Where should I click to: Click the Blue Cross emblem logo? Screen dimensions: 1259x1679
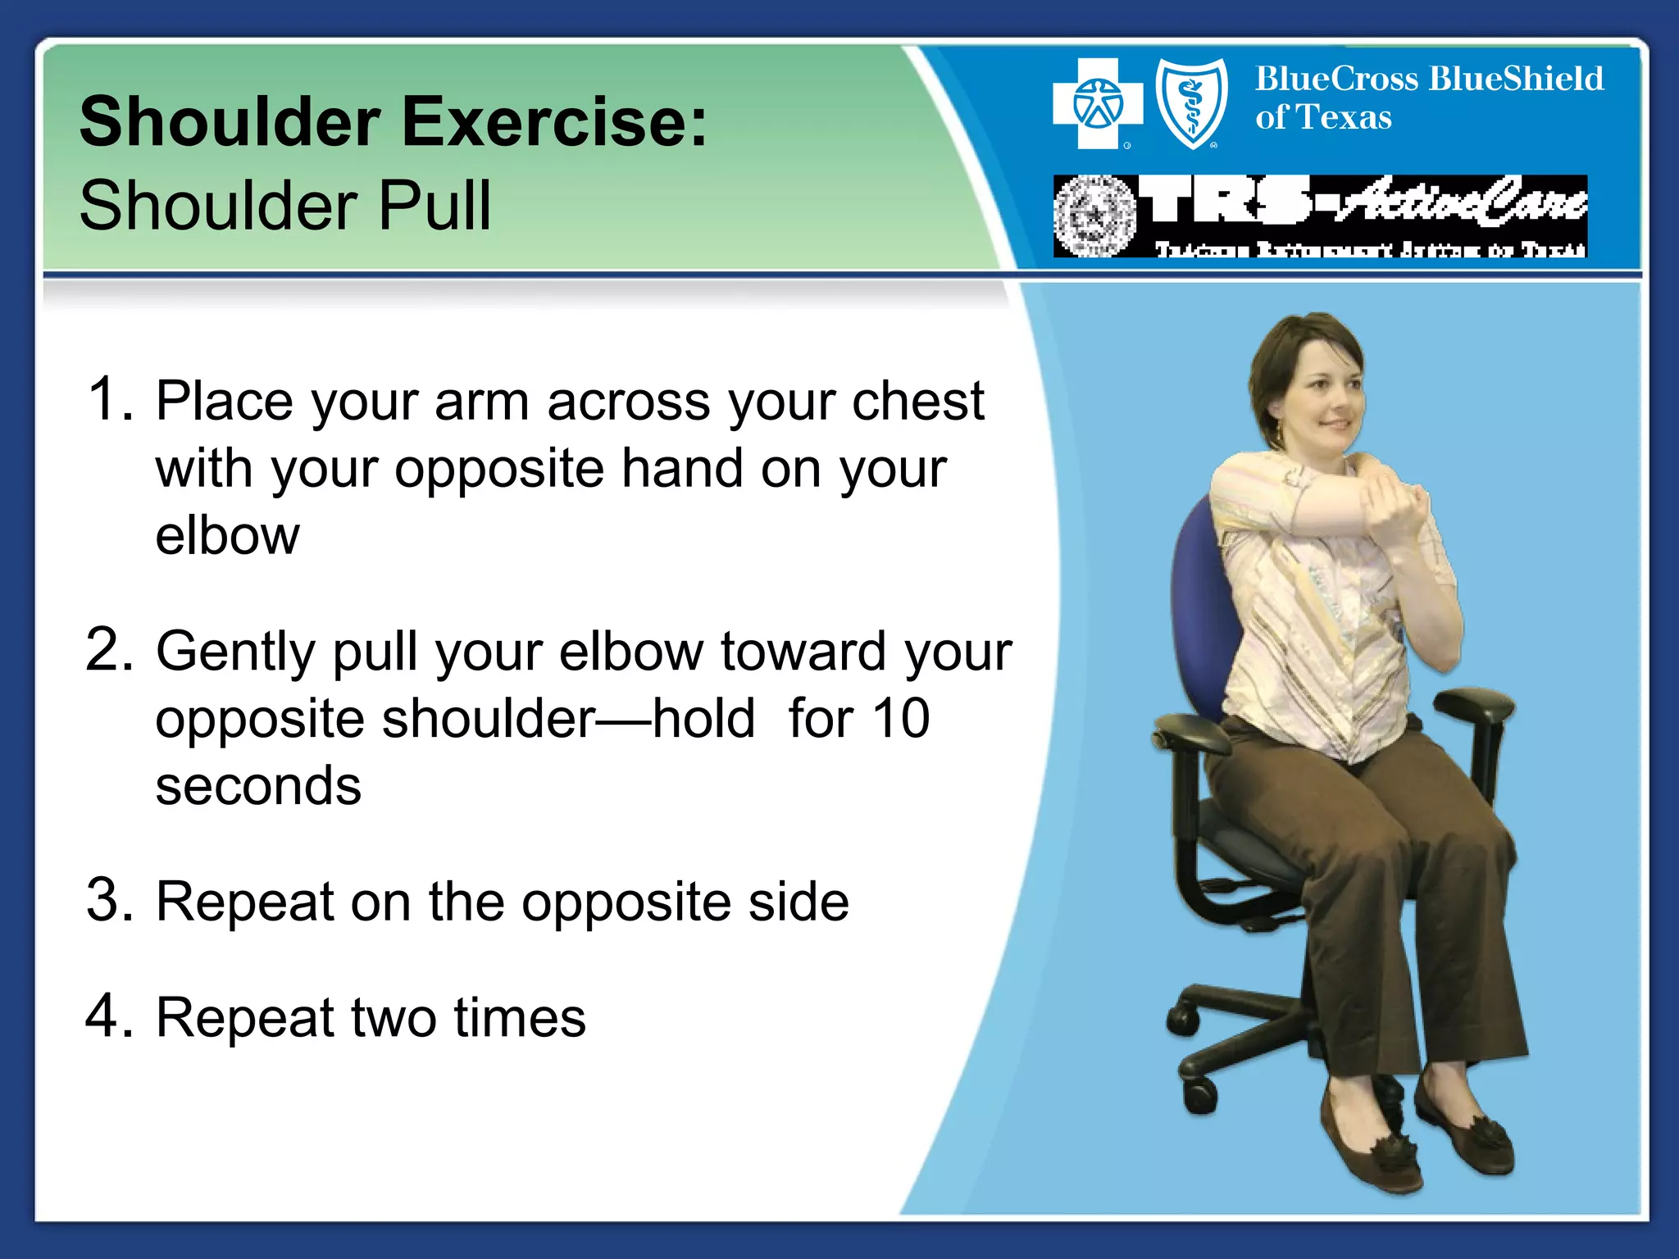point(1098,104)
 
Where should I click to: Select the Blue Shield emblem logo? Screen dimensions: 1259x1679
point(1191,104)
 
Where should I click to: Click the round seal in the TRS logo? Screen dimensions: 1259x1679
point(1094,216)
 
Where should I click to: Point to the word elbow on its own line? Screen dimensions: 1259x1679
point(227,536)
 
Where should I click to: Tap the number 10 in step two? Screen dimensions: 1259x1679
point(899,719)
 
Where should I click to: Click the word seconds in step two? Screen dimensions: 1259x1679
point(258,786)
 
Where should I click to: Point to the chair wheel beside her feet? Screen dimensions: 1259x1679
point(1200,1091)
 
